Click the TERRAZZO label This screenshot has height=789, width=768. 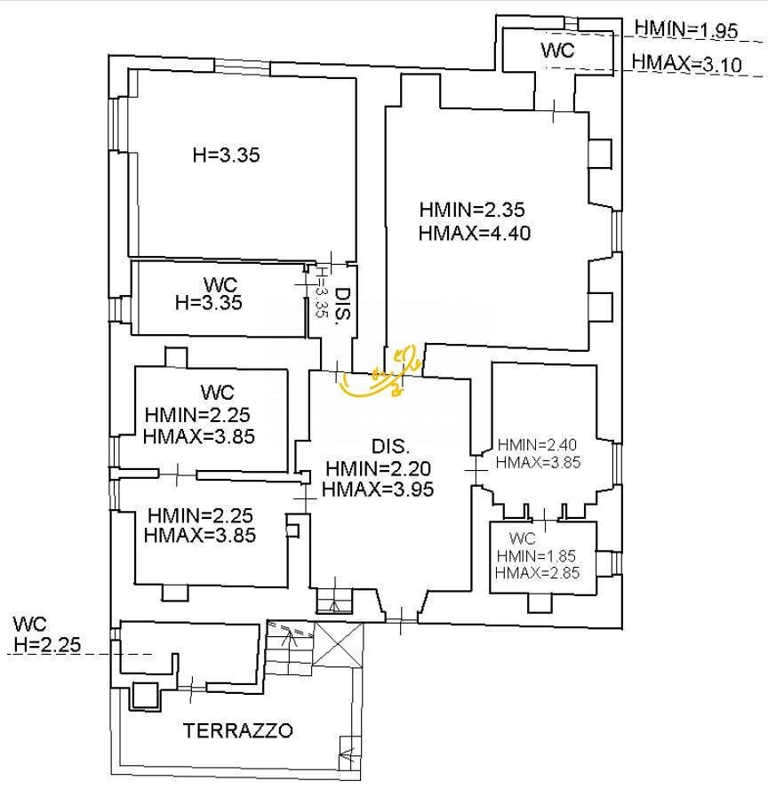pos(237,730)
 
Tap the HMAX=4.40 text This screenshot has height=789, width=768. pos(475,233)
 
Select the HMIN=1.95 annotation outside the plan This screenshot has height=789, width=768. pos(686,29)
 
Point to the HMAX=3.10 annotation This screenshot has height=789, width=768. pos(686,63)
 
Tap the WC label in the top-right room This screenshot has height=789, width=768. pos(557,51)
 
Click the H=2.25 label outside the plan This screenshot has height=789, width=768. pos(47,644)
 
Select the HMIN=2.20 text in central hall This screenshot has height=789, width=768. pos(378,468)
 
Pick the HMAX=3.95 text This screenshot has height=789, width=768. pos(378,489)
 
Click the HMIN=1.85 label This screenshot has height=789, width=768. pos(536,555)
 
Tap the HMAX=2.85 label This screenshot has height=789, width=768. pos(537,572)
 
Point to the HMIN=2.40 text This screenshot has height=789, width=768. pos(537,445)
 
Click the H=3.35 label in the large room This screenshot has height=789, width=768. pos(227,155)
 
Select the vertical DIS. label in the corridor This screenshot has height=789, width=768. pos(343,306)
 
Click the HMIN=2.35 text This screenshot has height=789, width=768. pos(472,210)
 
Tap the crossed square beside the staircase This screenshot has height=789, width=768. pos(338,645)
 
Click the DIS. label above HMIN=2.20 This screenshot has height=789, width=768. pos(390,446)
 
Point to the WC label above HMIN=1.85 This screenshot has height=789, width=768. pos(523,538)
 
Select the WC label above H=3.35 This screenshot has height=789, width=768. pos(220,285)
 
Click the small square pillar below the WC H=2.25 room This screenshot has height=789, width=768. pos(146,696)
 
